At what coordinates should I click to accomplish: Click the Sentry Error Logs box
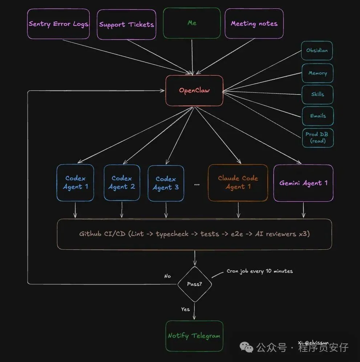click(58, 24)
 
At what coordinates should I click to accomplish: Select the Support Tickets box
click(126, 24)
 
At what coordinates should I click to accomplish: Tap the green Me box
click(192, 23)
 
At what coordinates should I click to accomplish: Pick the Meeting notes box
click(254, 24)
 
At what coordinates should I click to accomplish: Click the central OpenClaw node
click(194, 90)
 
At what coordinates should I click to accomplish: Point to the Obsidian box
click(317, 51)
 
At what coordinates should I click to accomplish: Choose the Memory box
click(317, 73)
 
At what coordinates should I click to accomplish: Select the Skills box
click(317, 94)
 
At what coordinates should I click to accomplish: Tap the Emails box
click(317, 116)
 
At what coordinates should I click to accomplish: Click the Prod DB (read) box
click(317, 137)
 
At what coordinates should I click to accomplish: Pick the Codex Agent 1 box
click(75, 183)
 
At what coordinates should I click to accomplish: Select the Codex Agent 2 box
click(122, 183)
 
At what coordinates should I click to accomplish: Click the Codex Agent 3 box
click(166, 183)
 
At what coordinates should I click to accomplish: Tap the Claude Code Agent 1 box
click(238, 183)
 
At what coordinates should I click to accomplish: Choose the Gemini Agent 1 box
click(303, 183)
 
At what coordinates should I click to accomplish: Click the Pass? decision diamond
click(194, 284)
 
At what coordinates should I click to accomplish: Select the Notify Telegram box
click(194, 336)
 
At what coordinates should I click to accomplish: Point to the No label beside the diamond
click(167, 276)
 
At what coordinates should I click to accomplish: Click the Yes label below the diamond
click(185, 309)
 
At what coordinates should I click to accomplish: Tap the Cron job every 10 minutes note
click(259, 271)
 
